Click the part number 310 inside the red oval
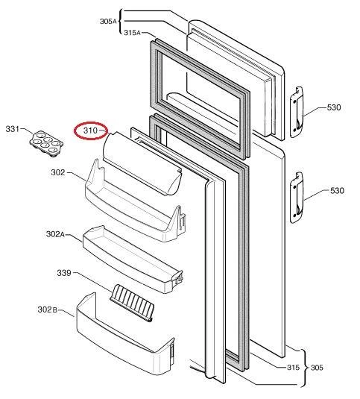(90, 131)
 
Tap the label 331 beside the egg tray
(13, 129)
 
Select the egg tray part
(46, 144)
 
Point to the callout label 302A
(55, 234)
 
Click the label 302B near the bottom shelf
(47, 310)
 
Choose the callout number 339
(64, 273)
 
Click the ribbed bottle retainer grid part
(132, 303)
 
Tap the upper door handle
(297, 112)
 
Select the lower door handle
(297, 198)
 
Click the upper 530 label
(334, 107)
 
